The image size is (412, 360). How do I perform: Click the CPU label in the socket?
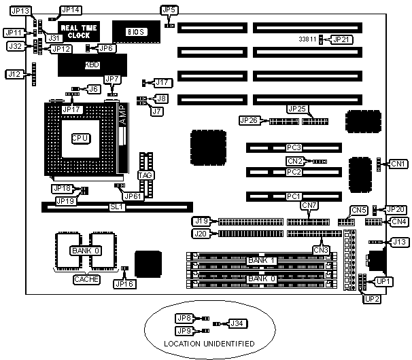(x=80, y=138)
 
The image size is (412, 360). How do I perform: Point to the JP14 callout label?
(x=70, y=10)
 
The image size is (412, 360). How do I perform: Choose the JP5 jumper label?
(x=169, y=10)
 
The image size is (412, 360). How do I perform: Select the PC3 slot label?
(x=294, y=147)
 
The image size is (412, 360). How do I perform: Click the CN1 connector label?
(x=398, y=164)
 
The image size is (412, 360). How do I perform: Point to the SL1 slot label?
(x=116, y=206)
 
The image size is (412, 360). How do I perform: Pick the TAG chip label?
(x=145, y=175)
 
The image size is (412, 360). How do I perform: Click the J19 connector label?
(x=201, y=221)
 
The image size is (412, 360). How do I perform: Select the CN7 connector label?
(x=309, y=206)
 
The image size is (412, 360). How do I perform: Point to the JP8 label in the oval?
(x=184, y=318)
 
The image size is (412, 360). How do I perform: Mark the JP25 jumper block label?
(x=298, y=109)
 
